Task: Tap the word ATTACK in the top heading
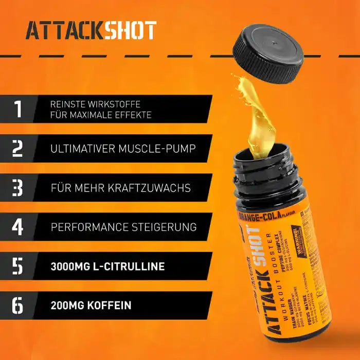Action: (64, 31)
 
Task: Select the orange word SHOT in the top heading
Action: (130, 31)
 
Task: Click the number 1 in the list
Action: (19, 109)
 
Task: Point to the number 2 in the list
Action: (19, 148)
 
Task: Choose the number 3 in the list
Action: (19, 188)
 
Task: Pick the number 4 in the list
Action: (19, 227)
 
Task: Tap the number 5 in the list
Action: (19, 266)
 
